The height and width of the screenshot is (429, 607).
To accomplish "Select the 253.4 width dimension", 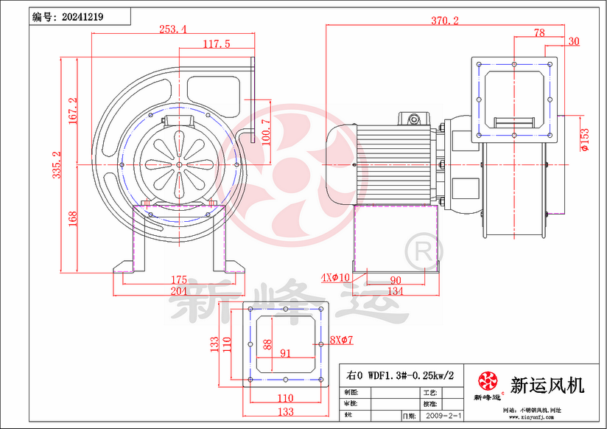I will coord(172,29).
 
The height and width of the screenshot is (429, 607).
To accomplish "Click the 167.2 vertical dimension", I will coord(73,111).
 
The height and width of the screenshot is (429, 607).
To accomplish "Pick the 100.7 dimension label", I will coord(266,131).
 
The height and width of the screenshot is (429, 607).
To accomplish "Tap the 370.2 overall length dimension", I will coord(444,21).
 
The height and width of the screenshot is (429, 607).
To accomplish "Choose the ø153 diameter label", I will coord(584,140).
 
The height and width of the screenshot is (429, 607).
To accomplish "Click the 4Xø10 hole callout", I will coord(335,278).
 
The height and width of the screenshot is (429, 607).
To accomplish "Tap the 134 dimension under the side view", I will coord(395,292).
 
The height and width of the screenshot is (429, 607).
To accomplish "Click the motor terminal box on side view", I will coord(413,119).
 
